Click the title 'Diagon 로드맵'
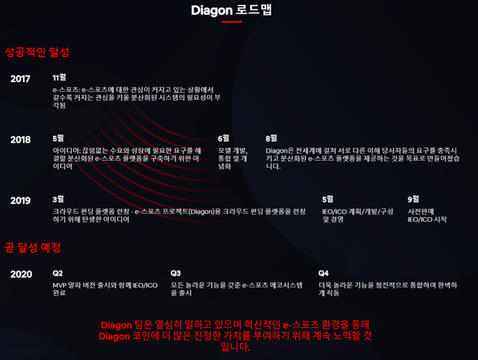click(x=231, y=10)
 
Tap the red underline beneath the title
click(x=231, y=22)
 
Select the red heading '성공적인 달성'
click(x=36, y=52)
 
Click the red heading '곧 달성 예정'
click(x=33, y=247)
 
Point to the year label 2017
click(x=20, y=79)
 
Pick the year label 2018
click(x=20, y=140)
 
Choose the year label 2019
click(x=20, y=200)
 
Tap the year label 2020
click(x=20, y=274)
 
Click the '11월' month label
click(x=59, y=77)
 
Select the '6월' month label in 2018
click(x=224, y=138)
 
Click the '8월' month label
click(x=271, y=138)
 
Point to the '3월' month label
click(x=59, y=199)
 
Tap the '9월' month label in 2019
click(x=414, y=199)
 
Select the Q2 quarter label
click(x=58, y=273)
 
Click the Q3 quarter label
click(x=176, y=273)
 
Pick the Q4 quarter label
click(x=324, y=273)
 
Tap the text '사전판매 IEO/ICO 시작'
click(x=427, y=215)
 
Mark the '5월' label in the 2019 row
click(x=328, y=199)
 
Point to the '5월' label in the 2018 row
click(x=59, y=138)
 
